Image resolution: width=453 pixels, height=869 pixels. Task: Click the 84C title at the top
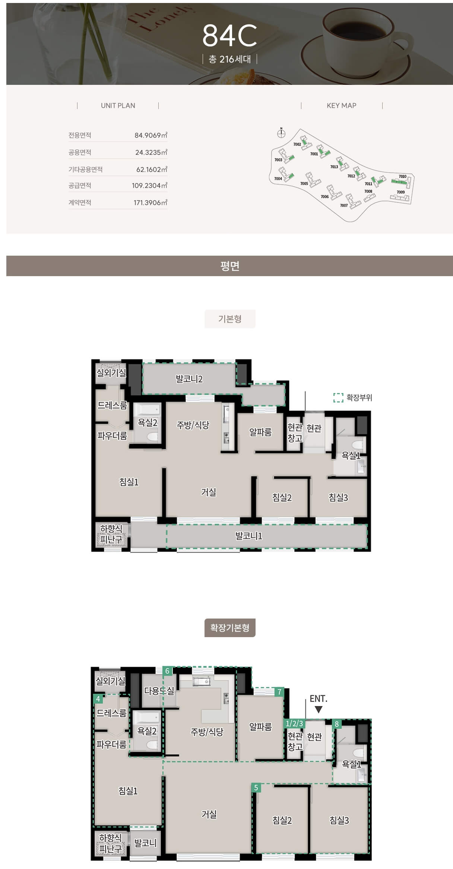229,36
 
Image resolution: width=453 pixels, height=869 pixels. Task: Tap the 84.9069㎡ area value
151,135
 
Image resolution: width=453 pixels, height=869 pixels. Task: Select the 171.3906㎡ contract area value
151,202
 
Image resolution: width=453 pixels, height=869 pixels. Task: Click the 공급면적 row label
80,185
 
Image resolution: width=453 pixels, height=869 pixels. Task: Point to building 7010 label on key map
402,176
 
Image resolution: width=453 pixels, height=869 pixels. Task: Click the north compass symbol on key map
281,133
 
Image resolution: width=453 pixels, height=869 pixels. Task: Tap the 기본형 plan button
230,319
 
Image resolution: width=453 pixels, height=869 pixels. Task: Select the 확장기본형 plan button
230,628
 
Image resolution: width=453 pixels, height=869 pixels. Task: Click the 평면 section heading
229,266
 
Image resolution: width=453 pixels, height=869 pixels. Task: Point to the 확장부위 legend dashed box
338,397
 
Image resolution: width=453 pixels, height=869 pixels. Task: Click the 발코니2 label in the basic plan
189,379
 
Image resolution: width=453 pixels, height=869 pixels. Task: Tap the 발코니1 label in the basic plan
249,536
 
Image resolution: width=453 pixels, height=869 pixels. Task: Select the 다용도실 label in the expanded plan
159,691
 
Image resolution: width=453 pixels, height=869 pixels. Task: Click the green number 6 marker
167,671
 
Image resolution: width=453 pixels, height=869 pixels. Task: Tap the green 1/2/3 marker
294,724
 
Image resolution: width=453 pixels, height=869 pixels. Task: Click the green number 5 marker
256,787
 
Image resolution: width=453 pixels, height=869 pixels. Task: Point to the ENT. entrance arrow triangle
319,710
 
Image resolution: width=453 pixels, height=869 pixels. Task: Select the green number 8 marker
337,724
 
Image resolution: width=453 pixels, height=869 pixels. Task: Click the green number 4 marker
98,699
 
